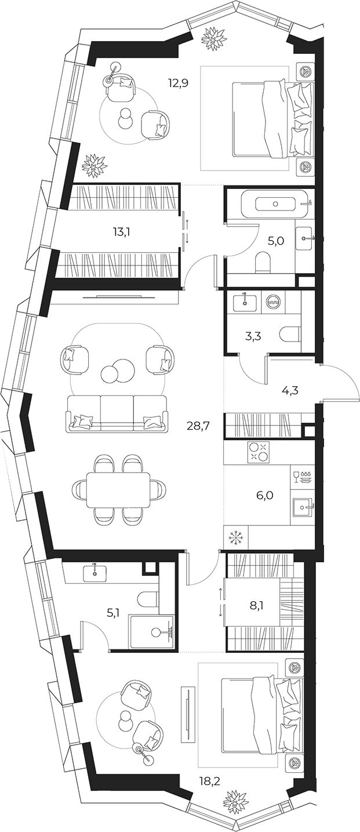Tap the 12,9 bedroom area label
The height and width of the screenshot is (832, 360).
(179, 82)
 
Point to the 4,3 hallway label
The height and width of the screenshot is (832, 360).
(290, 390)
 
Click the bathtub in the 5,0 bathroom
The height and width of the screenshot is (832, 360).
(275, 204)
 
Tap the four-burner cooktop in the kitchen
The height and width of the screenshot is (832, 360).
(258, 451)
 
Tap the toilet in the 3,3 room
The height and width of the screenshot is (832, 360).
(289, 334)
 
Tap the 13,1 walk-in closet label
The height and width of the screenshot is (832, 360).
(122, 232)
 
